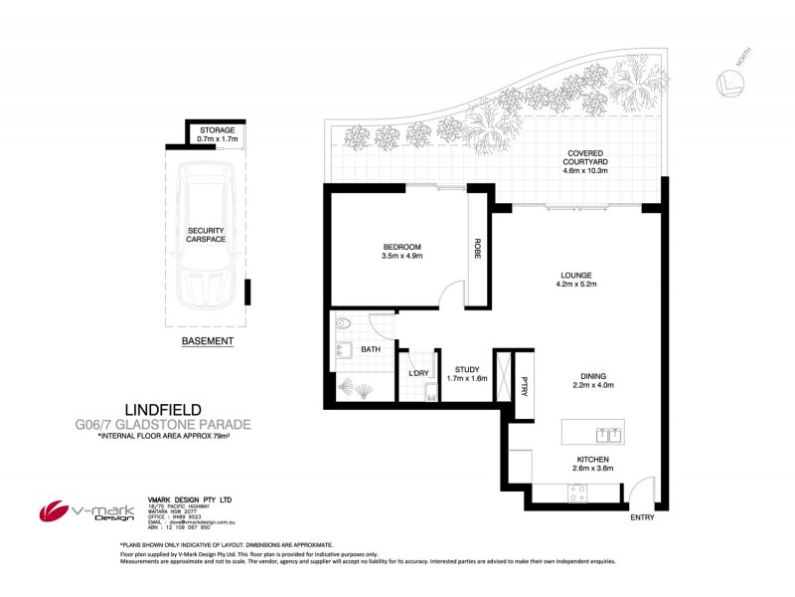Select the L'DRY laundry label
point(418,373)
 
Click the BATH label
point(371,349)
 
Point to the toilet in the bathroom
point(343,323)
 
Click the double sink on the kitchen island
point(608,433)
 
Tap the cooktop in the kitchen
point(577,491)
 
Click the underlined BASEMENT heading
point(208,341)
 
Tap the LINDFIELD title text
point(163,409)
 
